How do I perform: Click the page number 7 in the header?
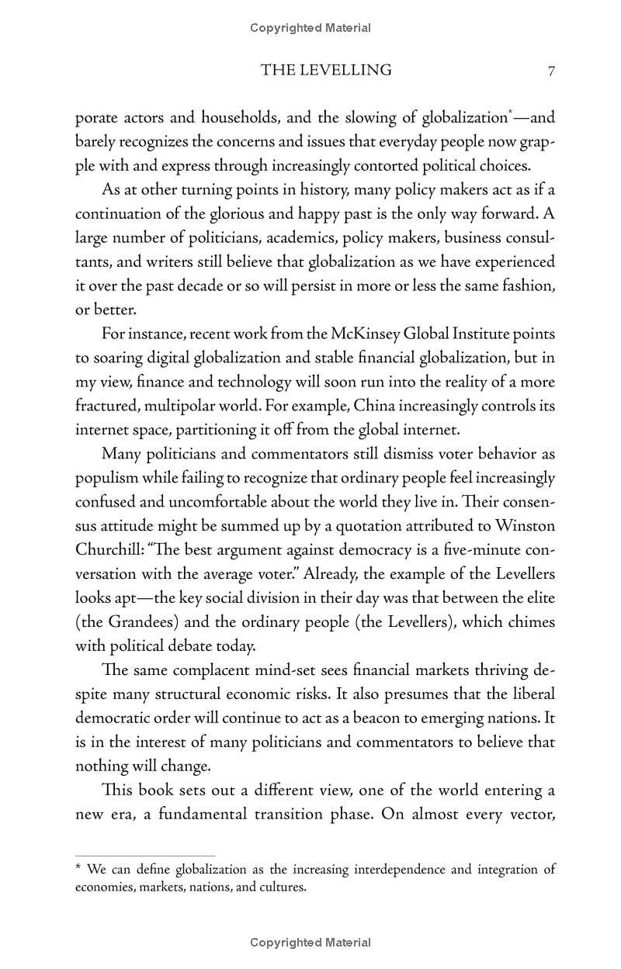pos(550,71)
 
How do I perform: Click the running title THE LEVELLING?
pos(326,71)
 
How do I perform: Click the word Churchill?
pos(109,550)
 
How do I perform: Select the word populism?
pos(107,478)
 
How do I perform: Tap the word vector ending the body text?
pos(530,815)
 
